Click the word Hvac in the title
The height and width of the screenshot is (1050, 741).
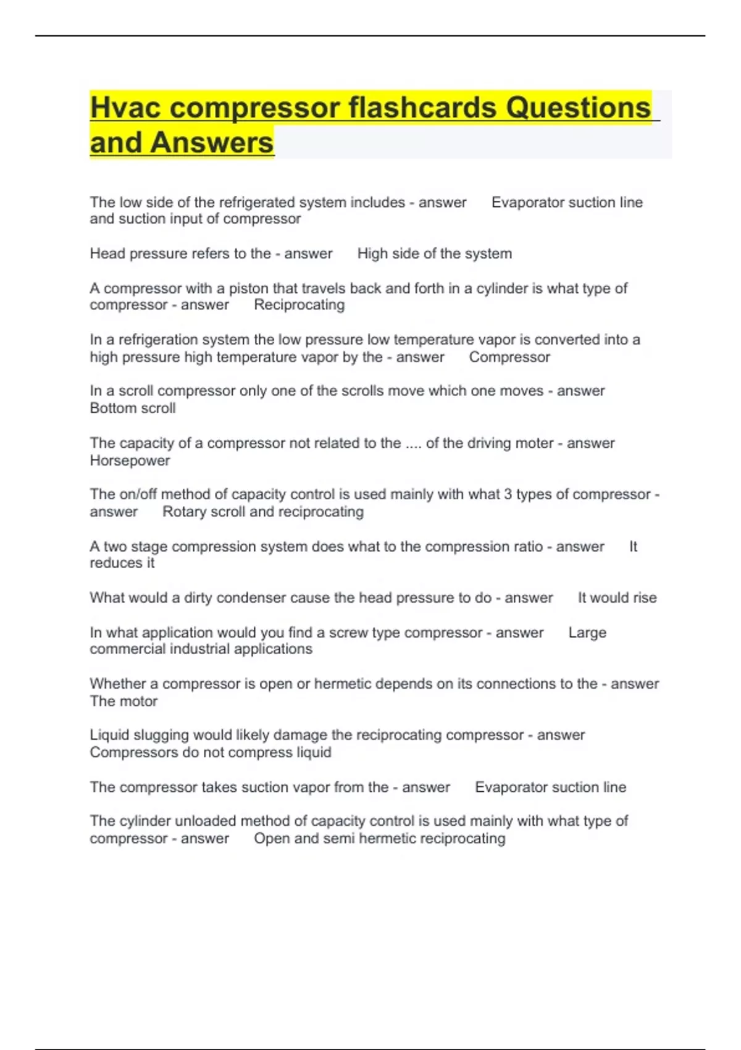point(125,107)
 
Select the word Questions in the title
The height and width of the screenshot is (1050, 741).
point(579,107)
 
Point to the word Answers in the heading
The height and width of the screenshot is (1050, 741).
point(211,143)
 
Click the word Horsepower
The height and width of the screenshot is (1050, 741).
point(130,461)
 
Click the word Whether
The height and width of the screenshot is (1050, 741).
point(117,684)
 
